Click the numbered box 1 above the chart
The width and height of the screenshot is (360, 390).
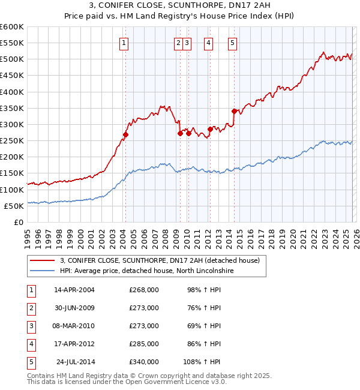pyautogui.click(x=123, y=43)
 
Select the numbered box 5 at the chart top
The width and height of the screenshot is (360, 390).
pyautogui.click(x=232, y=43)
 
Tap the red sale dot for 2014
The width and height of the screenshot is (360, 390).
pyautogui.click(x=234, y=111)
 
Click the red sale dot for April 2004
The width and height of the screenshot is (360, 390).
pyautogui.click(x=125, y=134)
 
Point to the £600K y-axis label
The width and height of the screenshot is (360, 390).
pyautogui.click(x=12, y=27)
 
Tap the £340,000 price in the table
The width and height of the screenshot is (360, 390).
pyautogui.click(x=144, y=362)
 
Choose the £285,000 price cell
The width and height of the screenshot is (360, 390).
pyautogui.click(x=144, y=344)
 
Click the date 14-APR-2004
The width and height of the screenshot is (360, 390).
pyautogui.click(x=74, y=290)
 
